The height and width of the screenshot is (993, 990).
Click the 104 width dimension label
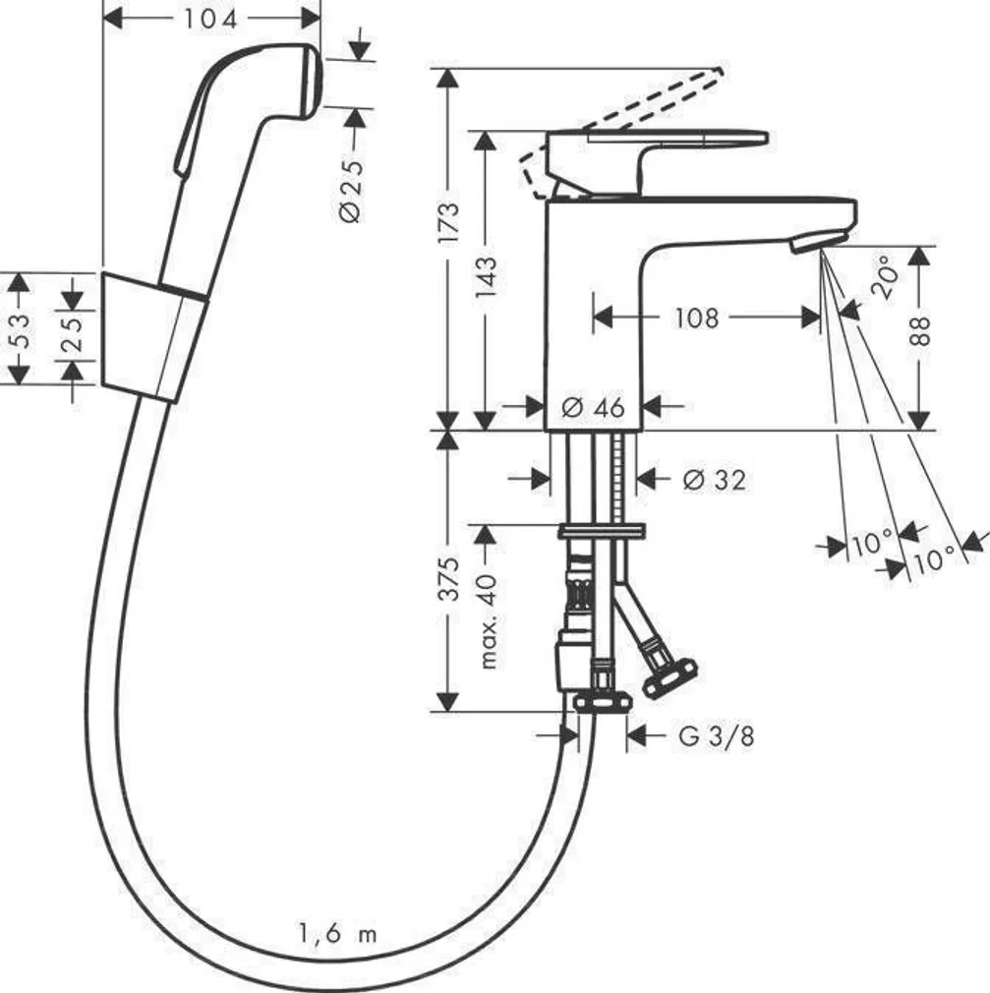(x=212, y=18)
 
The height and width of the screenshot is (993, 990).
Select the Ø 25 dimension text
(x=351, y=187)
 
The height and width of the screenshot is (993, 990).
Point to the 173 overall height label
(x=448, y=222)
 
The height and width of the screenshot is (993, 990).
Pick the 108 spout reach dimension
(x=696, y=318)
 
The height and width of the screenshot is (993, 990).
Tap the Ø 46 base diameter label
(x=593, y=406)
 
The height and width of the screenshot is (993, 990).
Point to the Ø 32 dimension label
(x=714, y=479)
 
